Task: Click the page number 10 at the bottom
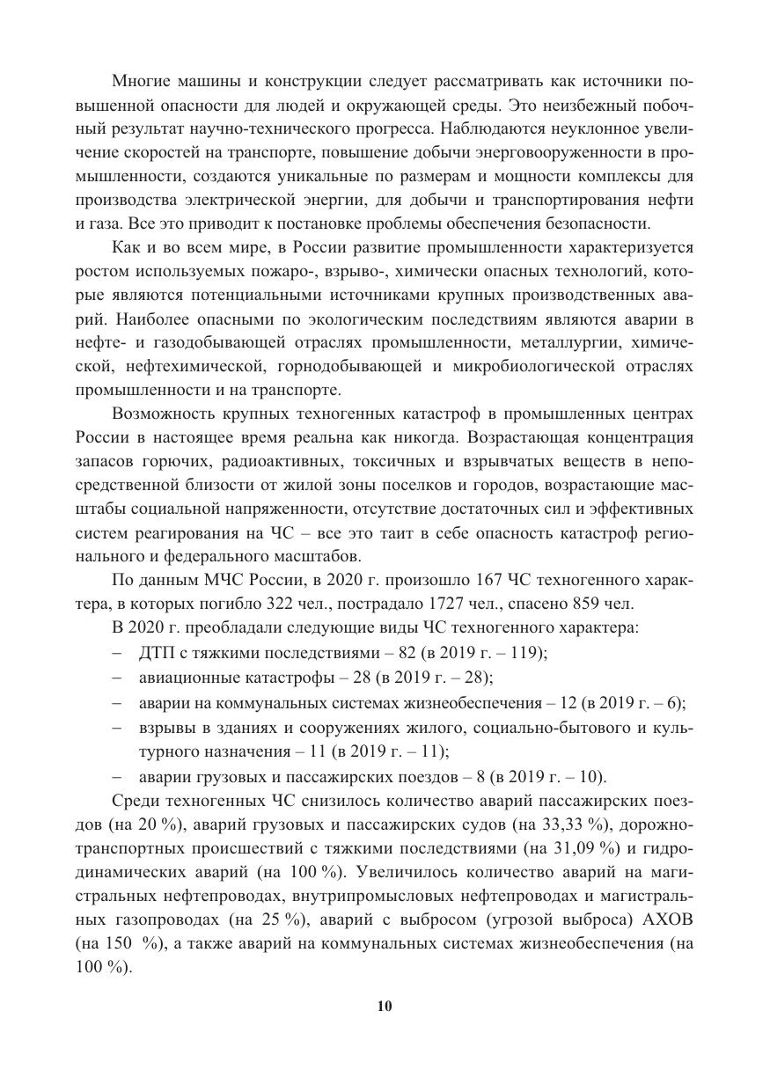click(x=385, y=1007)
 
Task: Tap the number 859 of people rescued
click(x=583, y=604)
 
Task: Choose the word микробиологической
click(x=521, y=364)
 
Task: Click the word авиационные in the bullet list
click(x=180, y=677)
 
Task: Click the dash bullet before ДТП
click(x=118, y=652)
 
